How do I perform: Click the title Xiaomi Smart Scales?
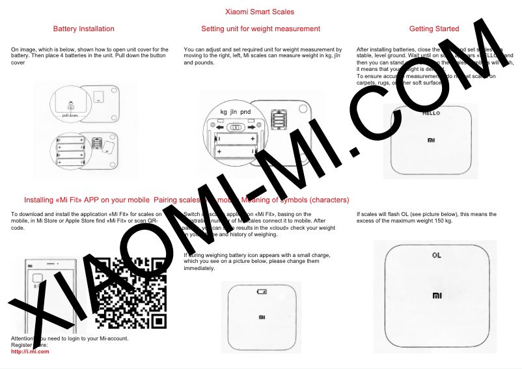[260, 12]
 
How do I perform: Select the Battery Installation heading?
[84, 29]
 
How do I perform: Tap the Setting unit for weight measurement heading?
[260, 29]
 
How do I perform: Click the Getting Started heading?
[434, 29]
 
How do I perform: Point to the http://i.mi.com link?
[30, 351]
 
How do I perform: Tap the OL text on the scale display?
[436, 255]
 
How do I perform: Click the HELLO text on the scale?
[432, 113]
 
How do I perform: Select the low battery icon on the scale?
[262, 291]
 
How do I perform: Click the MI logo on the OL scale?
[436, 296]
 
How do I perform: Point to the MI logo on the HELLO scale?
[432, 140]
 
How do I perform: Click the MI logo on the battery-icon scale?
[262, 318]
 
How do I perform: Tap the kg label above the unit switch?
[224, 112]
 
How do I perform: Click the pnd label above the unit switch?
[245, 112]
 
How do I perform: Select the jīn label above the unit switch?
[234, 112]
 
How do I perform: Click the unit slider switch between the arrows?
[238, 129]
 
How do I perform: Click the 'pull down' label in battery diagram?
[70, 115]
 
